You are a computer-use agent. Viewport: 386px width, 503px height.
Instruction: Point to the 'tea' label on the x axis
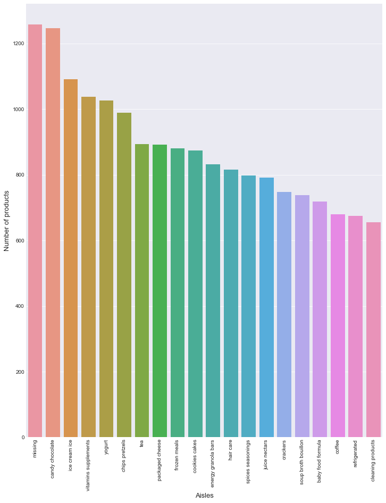pyautogui.click(x=142, y=443)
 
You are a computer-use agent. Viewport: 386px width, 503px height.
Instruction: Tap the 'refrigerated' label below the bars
pyautogui.click(x=356, y=454)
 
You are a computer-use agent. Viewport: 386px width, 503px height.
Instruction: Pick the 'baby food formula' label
pyautogui.click(x=320, y=462)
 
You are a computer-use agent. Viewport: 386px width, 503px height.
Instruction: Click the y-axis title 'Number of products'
pyautogui.click(x=7, y=221)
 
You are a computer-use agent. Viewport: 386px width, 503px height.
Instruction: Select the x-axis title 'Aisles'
pyautogui.click(x=204, y=496)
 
